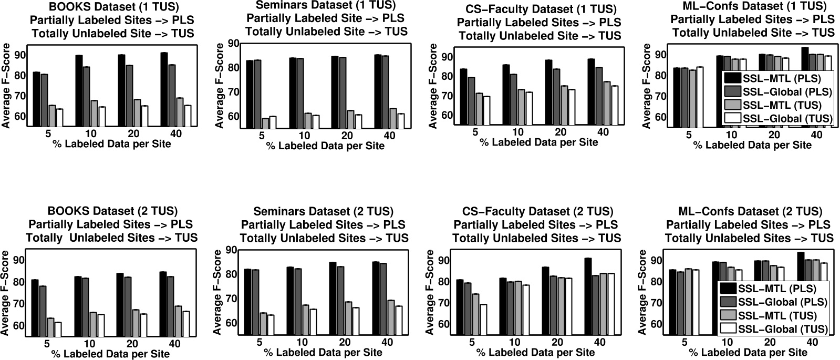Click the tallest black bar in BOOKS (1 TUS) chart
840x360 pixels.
pos(164,89)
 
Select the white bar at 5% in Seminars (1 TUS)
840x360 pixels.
pos(273,122)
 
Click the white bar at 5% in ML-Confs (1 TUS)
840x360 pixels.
pos(699,97)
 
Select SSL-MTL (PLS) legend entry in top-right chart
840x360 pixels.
pos(777,79)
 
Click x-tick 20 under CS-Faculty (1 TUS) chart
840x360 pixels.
pos(560,132)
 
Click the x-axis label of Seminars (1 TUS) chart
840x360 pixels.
pos(325,146)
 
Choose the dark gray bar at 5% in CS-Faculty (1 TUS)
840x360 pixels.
pos(471,101)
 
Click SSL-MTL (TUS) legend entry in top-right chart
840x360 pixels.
pos(777,105)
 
